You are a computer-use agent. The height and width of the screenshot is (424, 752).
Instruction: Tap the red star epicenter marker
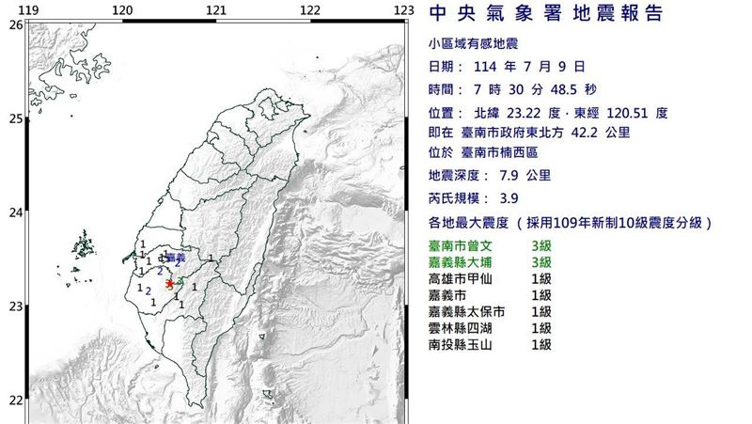(169, 282)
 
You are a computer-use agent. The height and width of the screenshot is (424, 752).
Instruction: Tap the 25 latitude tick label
(15, 118)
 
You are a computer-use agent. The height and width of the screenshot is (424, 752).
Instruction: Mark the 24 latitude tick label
(15, 212)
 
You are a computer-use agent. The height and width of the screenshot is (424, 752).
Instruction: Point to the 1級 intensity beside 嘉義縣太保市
(540, 311)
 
